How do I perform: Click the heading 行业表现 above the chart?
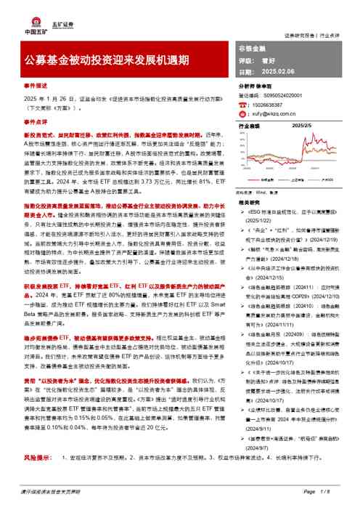(x=250, y=126)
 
